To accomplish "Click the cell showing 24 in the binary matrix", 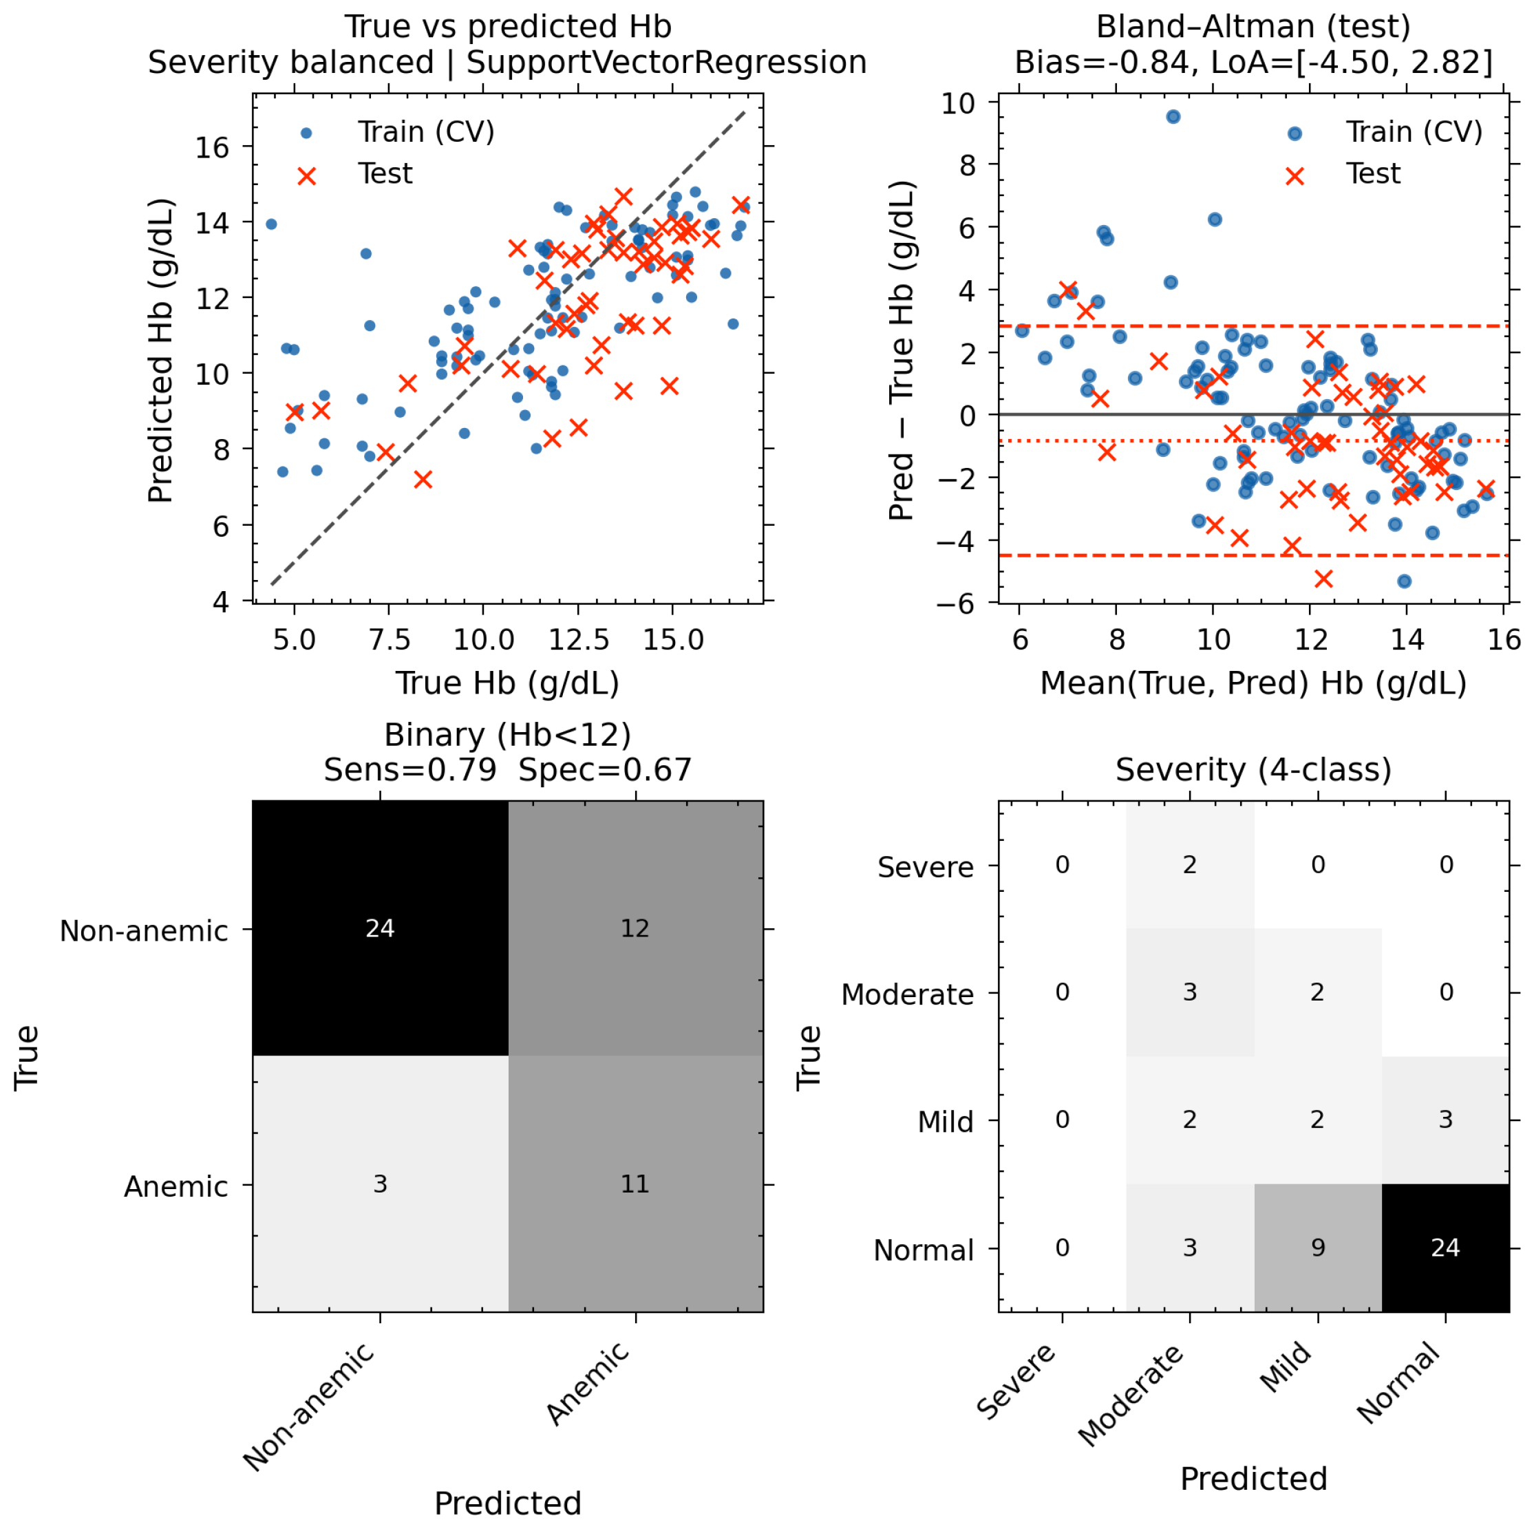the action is [381, 928].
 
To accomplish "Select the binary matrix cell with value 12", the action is [635, 928].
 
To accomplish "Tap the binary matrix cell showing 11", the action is [635, 1184].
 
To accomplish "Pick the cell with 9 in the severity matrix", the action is [1318, 1248].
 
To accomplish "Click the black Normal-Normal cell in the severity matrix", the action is [1446, 1248].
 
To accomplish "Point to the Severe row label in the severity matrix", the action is [925, 867].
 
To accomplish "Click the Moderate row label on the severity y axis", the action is [908, 994].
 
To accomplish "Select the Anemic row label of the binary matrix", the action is [176, 1186].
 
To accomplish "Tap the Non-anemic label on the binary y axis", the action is [144, 930].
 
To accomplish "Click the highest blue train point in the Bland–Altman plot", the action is [1173, 117].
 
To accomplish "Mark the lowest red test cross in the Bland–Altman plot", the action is [1323, 579].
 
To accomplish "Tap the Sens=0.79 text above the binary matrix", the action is [410, 769].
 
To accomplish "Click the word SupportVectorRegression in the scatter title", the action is [666, 62].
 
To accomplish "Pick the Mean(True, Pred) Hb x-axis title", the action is [1254, 683].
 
